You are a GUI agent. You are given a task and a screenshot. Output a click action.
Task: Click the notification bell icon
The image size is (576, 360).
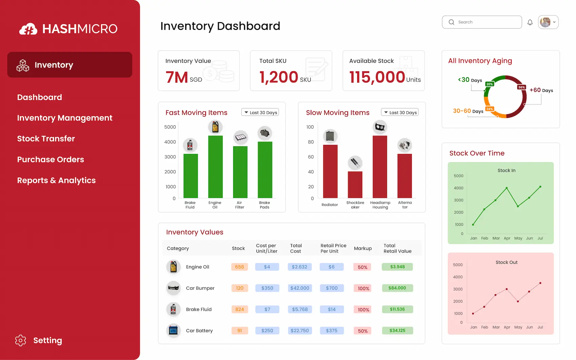(530, 22)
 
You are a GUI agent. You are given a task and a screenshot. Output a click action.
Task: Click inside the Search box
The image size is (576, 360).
(485, 22)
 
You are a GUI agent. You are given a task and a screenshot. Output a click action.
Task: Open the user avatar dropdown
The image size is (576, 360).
(548, 22)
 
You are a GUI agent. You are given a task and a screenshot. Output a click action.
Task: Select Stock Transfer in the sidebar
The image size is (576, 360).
(46, 139)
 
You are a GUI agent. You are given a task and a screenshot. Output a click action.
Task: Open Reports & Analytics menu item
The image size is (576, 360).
(57, 180)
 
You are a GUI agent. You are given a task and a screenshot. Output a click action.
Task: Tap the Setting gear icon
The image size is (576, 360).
(21, 340)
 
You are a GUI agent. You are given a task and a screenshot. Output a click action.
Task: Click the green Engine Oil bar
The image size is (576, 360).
(215, 167)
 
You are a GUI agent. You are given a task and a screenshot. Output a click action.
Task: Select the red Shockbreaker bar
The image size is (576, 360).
(355, 185)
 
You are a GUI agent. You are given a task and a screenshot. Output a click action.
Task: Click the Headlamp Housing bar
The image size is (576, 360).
(380, 167)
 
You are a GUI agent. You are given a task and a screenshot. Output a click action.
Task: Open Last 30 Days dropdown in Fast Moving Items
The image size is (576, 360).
(260, 113)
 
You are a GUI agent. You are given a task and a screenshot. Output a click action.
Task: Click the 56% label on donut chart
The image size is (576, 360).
(521, 87)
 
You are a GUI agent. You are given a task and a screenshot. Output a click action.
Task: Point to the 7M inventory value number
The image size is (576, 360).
(177, 77)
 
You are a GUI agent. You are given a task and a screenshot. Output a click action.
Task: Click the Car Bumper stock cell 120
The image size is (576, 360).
(240, 288)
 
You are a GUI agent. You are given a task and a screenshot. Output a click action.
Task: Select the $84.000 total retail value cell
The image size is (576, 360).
(397, 288)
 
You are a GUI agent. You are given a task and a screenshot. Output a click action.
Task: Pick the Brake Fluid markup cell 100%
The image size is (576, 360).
(363, 309)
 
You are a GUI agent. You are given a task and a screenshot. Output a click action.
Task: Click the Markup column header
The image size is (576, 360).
(363, 248)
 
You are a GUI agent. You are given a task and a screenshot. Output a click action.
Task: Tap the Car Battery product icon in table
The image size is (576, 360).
(173, 330)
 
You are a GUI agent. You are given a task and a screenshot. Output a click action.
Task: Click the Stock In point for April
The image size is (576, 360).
(507, 188)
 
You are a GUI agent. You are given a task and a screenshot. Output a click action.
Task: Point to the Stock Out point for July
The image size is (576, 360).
(540, 283)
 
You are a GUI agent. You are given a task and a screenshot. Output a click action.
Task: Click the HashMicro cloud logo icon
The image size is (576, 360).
(28, 29)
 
